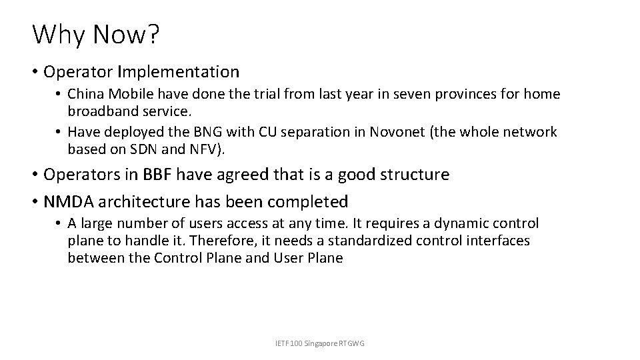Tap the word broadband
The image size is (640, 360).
click(x=99, y=109)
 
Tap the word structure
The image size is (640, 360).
click(x=413, y=175)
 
